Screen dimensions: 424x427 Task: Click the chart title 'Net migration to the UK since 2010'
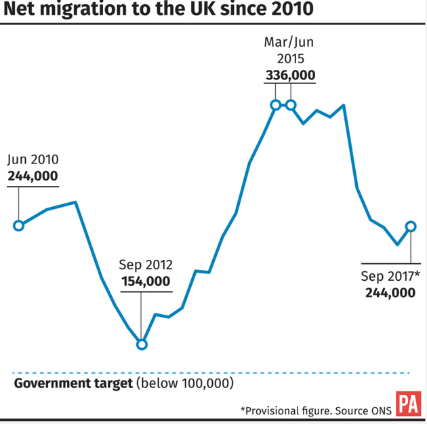pyautogui.click(x=160, y=12)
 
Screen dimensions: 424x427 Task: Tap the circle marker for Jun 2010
pyautogui.click(x=19, y=225)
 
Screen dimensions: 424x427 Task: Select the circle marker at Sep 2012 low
pyautogui.click(x=142, y=344)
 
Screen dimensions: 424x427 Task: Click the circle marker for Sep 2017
pyautogui.click(x=411, y=226)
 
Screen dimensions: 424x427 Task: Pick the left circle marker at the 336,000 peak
pyautogui.click(x=276, y=104)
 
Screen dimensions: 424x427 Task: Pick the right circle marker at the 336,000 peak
pyautogui.click(x=291, y=104)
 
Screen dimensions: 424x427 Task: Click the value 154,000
pyautogui.click(x=146, y=281)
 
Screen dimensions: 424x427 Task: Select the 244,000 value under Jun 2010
pyautogui.click(x=33, y=176)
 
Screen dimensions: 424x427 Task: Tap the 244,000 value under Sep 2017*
pyautogui.click(x=390, y=292)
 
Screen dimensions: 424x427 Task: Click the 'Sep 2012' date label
pyautogui.click(x=146, y=265)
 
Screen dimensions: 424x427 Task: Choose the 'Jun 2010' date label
pyautogui.click(x=33, y=160)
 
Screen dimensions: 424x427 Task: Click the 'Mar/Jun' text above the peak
pyautogui.click(x=290, y=43)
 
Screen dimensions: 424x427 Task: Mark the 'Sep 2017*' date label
pyautogui.click(x=390, y=276)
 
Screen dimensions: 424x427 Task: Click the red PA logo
pyautogui.click(x=408, y=404)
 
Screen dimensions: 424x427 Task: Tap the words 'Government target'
pyautogui.click(x=73, y=383)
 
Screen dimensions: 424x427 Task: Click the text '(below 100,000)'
pyautogui.click(x=184, y=383)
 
